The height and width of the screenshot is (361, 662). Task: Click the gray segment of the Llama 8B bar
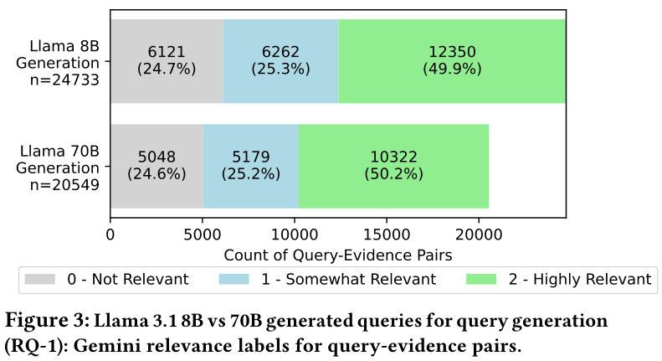click(167, 61)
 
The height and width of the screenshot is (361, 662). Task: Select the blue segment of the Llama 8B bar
click(280, 61)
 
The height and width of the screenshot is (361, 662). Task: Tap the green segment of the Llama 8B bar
click(452, 61)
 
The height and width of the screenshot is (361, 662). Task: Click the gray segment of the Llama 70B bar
click(157, 166)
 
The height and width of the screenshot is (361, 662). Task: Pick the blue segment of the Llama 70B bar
click(251, 166)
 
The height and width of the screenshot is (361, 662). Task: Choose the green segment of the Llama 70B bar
click(393, 166)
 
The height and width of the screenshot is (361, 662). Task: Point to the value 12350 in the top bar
click(452, 52)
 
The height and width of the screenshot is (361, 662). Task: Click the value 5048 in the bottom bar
click(157, 157)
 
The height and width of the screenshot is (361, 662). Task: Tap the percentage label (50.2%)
click(393, 175)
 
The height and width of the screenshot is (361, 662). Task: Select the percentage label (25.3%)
click(280, 70)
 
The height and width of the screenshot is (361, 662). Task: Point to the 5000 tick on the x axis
click(202, 237)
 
